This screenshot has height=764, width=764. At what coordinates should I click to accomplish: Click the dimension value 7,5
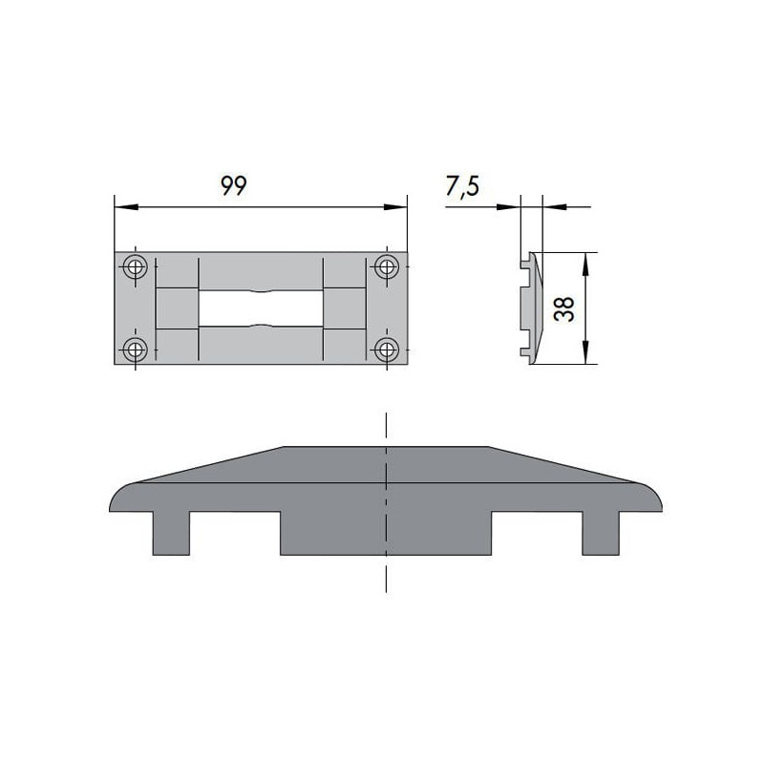click(x=462, y=187)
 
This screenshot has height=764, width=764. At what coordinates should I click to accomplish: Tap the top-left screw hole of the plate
click(x=137, y=266)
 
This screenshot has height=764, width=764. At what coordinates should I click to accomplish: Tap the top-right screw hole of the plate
click(x=386, y=266)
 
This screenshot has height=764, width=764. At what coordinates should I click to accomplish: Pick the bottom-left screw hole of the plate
click(x=137, y=349)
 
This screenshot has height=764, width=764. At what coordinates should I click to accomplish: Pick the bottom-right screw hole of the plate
click(x=386, y=349)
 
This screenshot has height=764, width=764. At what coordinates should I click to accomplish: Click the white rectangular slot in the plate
click(x=261, y=308)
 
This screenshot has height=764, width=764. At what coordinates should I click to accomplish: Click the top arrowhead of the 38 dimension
click(x=586, y=259)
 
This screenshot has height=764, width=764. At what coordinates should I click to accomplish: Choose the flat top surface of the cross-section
click(x=386, y=447)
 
